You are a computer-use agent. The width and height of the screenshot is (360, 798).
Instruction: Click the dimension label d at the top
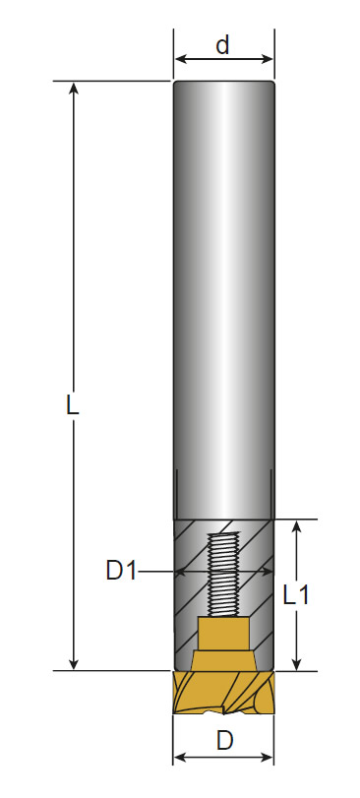[222, 45]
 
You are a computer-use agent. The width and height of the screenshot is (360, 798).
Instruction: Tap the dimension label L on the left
[73, 405]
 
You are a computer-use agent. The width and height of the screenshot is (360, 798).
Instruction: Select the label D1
[122, 571]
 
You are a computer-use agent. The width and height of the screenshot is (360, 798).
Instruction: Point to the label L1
[296, 594]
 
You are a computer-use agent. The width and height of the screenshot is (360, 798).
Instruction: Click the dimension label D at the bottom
[224, 741]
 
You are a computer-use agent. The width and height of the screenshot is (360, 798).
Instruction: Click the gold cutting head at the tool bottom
[223, 692]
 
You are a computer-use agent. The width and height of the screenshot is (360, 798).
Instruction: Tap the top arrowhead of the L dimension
[74, 89]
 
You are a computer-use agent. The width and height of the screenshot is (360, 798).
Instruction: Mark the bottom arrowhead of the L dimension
[74, 663]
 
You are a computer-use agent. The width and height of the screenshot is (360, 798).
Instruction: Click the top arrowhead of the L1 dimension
[297, 527]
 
